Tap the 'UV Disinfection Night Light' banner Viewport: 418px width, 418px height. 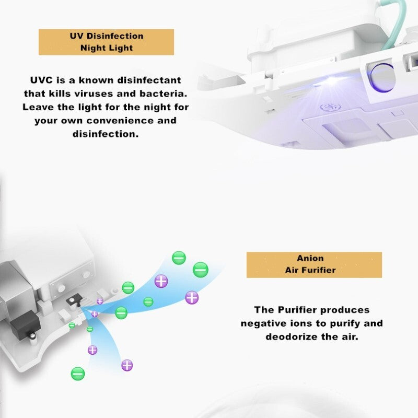[107, 42]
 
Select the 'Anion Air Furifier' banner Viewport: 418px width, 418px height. [314, 265]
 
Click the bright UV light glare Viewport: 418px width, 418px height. [331, 80]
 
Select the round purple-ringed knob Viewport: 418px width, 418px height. [381, 77]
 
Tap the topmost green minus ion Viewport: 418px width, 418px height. [179, 258]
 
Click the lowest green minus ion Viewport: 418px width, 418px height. [78, 374]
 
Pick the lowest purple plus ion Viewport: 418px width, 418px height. [127, 365]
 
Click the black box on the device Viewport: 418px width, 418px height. [25, 324]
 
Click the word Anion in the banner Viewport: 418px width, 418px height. [310, 258]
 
